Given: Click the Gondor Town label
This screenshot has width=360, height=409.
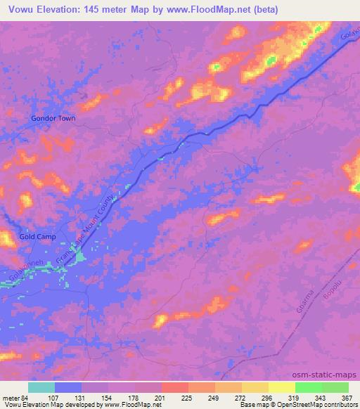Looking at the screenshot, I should pyautogui.click(x=53, y=118).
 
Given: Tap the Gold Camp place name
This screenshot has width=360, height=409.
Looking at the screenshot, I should pyautogui.click(x=37, y=238).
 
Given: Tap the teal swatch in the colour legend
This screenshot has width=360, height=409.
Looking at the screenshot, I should pyautogui.click(x=41, y=387).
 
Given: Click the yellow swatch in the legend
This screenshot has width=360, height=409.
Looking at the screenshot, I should pyautogui.click(x=282, y=387).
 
